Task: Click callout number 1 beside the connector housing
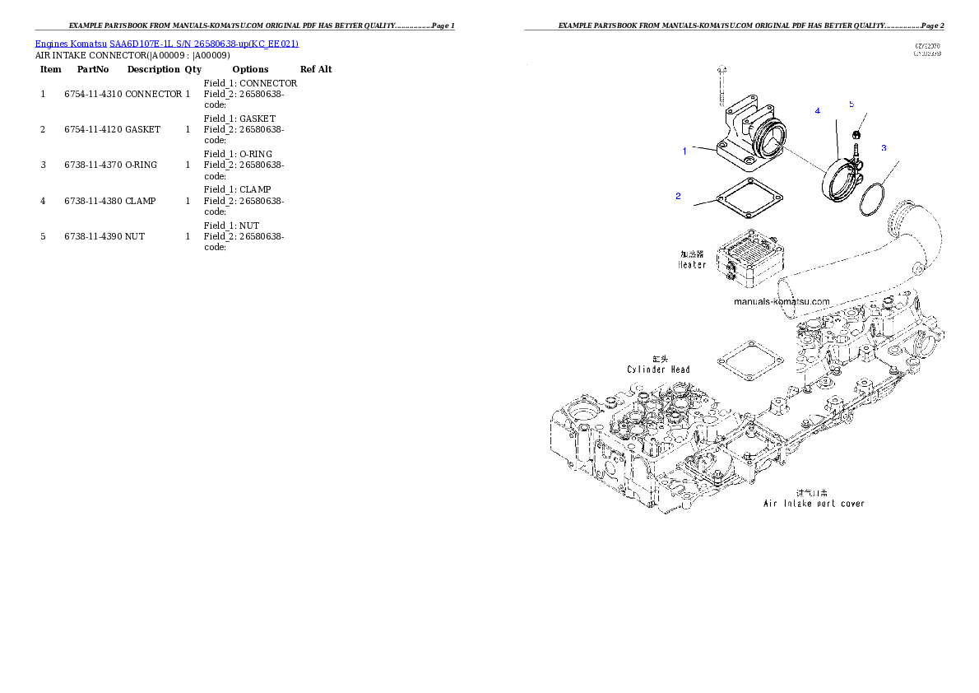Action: click(684, 151)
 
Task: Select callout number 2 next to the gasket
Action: click(678, 196)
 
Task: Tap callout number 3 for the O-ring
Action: click(884, 148)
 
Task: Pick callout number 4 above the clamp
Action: click(818, 110)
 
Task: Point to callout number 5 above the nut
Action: click(851, 105)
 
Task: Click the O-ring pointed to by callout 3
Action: click(873, 200)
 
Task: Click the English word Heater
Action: click(692, 265)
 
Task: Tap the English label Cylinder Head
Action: click(658, 370)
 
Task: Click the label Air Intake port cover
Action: click(812, 503)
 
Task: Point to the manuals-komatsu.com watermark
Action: click(782, 301)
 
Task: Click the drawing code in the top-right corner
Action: click(928, 50)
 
